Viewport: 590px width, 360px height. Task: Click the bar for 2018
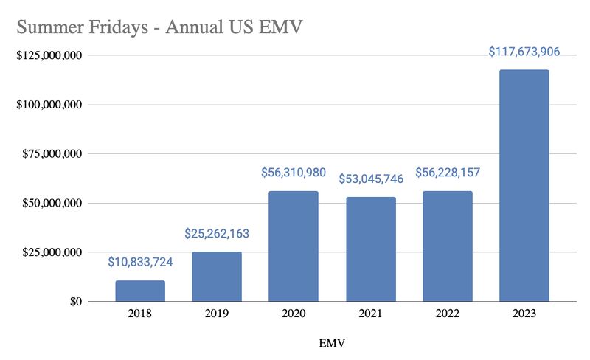tap(140, 291)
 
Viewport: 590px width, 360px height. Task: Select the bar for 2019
tap(217, 277)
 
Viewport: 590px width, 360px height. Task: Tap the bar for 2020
tap(294, 246)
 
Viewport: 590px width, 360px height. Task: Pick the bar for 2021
tap(370, 249)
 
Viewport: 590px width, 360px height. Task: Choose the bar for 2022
tap(447, 246)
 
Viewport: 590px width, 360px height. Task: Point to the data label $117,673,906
tap(524, 52)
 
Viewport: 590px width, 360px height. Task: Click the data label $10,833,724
tap(140, 262)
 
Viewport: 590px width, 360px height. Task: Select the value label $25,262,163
tap(217, 234)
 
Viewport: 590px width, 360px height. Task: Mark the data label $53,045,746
tap(370, 179)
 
